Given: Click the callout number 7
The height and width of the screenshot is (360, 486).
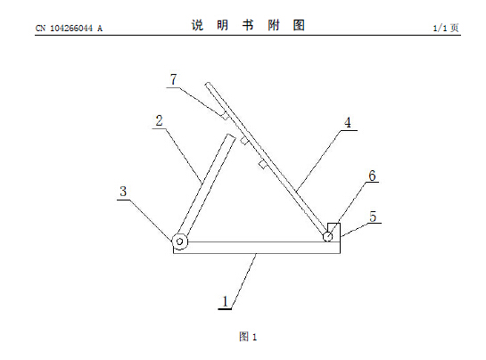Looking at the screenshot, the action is point(174,79).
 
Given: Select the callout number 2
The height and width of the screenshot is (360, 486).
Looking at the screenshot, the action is point(159,120).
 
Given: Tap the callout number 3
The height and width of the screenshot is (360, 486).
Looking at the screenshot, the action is point(123,192).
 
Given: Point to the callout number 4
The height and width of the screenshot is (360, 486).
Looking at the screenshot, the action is point(348,123).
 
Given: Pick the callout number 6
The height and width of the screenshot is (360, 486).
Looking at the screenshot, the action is point(372,176).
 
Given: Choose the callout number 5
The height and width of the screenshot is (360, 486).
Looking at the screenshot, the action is point(373,217).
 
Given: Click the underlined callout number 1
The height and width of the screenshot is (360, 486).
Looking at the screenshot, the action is point(225,301).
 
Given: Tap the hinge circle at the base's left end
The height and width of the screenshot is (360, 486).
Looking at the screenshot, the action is point(180,241).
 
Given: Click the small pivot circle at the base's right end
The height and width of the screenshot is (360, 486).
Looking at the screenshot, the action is point(327,237).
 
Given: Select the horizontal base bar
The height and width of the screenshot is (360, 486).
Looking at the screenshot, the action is point(257,248).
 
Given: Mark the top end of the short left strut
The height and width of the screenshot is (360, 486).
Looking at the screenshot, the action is point(231,135).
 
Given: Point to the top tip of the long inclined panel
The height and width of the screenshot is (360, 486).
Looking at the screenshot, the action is point(208,84).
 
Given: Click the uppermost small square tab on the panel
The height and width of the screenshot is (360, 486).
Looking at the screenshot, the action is point(225,117).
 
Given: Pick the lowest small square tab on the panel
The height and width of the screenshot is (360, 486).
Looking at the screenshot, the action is point(262,165).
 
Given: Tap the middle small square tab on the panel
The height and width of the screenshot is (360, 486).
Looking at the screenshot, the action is point(244,141).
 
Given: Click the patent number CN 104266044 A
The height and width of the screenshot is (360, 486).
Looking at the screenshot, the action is point(69,29).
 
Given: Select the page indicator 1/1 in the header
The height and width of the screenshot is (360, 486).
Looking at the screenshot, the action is point(440,29).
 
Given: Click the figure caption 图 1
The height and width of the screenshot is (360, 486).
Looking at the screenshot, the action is point(248,337).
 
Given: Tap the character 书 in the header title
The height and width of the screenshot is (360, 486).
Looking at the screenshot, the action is point(248,25).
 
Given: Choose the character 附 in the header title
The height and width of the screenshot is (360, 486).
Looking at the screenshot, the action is point(274,25).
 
